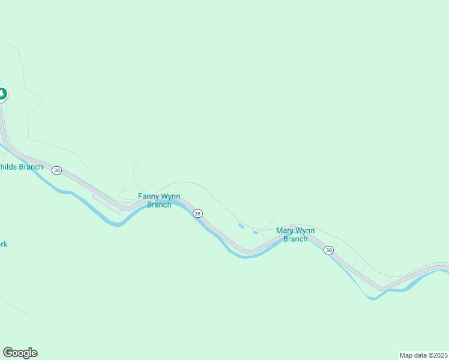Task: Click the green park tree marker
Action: tap(2, 94)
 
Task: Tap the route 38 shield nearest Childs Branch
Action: tap(56, 170)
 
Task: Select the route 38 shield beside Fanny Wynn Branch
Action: tap(197, 214)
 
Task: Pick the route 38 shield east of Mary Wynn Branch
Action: tap(328, 250)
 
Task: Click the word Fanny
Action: tap(148, 196)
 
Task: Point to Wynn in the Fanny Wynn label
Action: tap(170, 196)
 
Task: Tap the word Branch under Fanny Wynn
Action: tap(159, 205)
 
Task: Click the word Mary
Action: tap(285, 230)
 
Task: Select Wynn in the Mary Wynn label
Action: tap(305, 230)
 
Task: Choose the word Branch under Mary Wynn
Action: tap(295, 239)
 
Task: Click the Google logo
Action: tap(20, 353)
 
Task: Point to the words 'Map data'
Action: tap(413, 355)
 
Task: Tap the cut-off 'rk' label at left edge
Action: tap(3, 244)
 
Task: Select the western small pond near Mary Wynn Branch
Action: tap(241, 226)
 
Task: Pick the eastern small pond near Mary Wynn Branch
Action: tap(255, 232)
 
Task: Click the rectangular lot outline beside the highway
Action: tap(106, 203)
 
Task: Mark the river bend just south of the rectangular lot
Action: tap(114, 223)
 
